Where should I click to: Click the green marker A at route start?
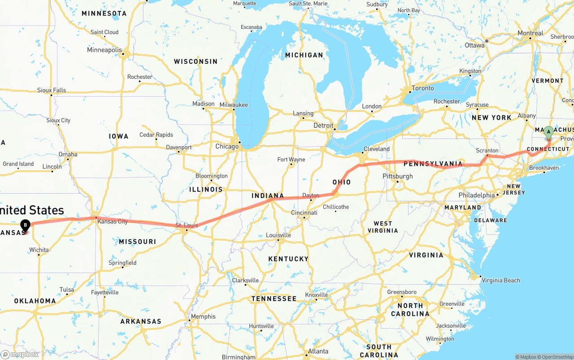pos(548,132)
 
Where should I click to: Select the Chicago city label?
pos(227,147)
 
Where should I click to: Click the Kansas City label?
pos(113,221)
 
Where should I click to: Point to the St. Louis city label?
pos(187,225)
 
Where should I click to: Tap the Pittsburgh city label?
pos(397,176)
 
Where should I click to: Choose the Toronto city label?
pos(422,88)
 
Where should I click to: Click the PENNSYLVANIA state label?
pos(433,164)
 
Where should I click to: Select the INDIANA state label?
pos(268,196)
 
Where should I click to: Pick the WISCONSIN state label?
pos(196,61)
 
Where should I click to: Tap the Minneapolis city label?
pos(104,50)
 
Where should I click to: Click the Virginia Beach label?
pos(501,281)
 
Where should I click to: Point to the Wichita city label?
pos(39,250)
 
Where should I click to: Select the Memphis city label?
pos(203,317)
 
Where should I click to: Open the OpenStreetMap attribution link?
pos(554,357)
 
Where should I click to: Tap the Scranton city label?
pos(487,151)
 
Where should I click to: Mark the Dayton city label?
pos(311,195)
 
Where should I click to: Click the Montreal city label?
pos(530,33)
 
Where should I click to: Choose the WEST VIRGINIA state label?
pos(383,227)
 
